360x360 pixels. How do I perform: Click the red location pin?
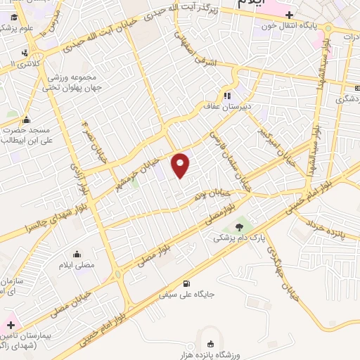point(181,165)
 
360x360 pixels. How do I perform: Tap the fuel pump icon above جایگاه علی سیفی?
point(186,285)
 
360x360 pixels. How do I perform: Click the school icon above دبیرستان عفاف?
point(226,96)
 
